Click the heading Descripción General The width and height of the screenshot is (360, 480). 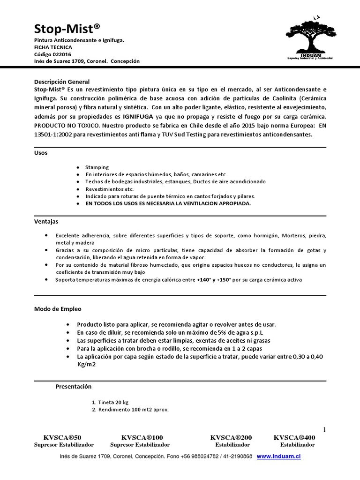click(x=62, y=82)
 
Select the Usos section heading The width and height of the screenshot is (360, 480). click(x=41, y=153)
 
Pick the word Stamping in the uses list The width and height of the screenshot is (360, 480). click(x=97, y=167)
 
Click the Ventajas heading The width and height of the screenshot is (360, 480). click(x=46, y=221)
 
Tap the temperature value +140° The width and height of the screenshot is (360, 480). click(x=205, y=280)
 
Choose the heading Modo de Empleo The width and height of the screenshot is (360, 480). click(x=58, y=309)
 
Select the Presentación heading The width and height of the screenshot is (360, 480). click(x=74, y=387)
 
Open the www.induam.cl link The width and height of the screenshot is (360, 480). click(x=278, y=456)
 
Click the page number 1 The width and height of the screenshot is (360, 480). click(x=324, y=430)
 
